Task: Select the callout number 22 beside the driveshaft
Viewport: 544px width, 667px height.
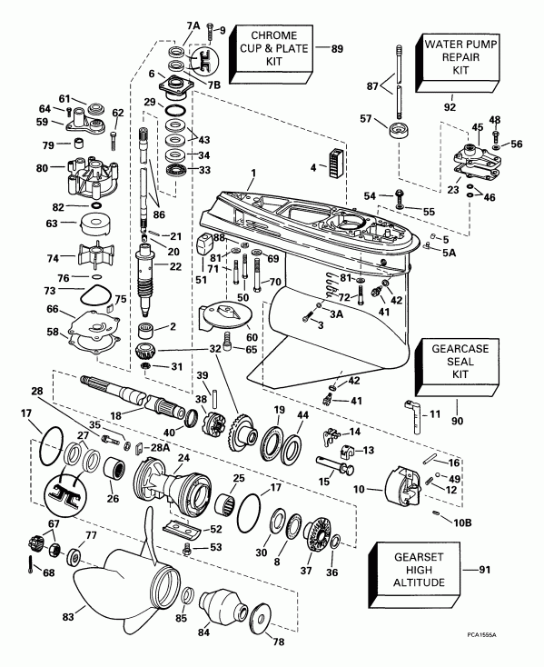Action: (176, 266)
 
